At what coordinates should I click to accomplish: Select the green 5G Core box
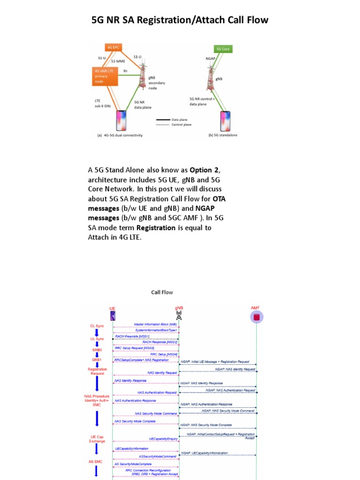(223, 49)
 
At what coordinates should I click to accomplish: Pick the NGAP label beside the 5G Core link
(210, 59)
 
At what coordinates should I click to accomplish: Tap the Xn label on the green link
(125, 71)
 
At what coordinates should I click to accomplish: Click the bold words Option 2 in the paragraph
(204, 170)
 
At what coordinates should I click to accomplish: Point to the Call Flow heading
(162, 292)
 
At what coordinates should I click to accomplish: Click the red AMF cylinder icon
(256, 317)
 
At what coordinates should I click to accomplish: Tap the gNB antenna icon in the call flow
(179, 316)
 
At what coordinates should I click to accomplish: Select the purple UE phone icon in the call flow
(112, 316)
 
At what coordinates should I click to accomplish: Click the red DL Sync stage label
(97, 326)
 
